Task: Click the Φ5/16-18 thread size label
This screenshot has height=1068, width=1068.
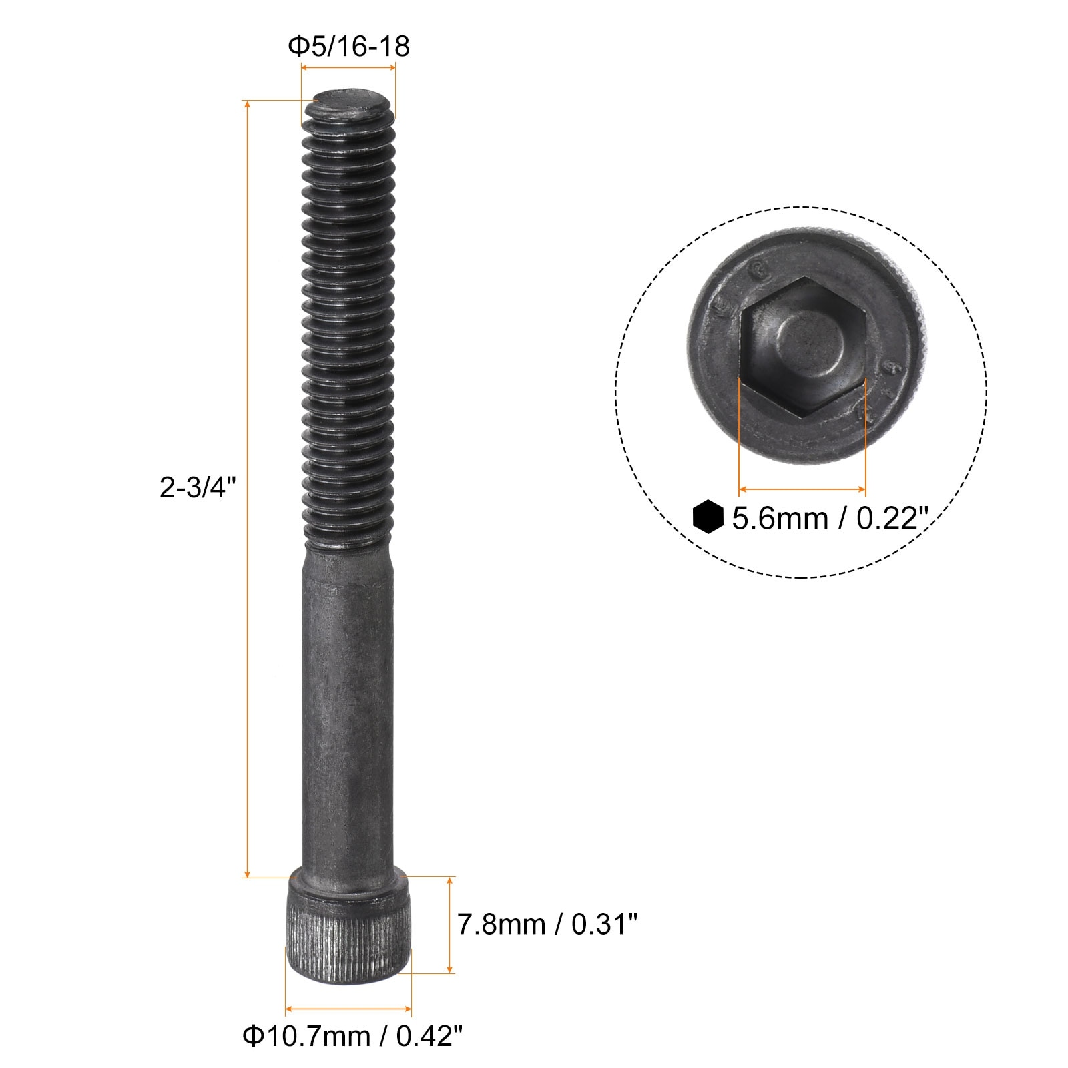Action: click(x=348, y=47)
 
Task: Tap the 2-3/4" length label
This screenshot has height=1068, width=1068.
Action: click(x=199, y=488)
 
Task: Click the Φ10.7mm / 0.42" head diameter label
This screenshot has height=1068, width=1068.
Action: click(x=352, y=1037)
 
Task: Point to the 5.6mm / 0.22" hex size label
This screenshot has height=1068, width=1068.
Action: click(x=831, y=519)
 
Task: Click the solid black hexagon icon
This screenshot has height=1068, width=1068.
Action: click(x=708, y=517)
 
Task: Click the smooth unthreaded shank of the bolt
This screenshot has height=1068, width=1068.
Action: click(x=348, y=708)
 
